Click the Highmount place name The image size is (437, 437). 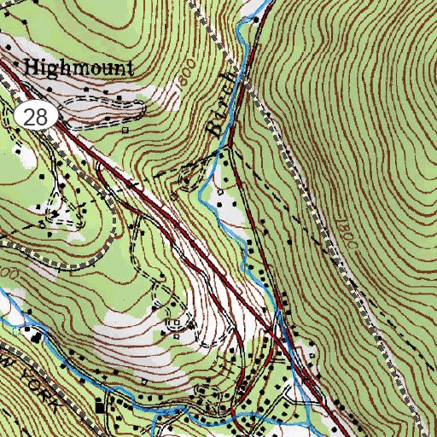pos(79,68)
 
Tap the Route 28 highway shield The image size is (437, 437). pos(36,118)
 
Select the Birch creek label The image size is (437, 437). pos(220,103)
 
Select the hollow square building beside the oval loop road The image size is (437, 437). pos(125,131)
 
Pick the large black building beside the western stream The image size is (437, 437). pos(36,335)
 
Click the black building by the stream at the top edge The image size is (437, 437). pos(257,18)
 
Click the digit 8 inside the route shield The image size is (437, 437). pos(41,118)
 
